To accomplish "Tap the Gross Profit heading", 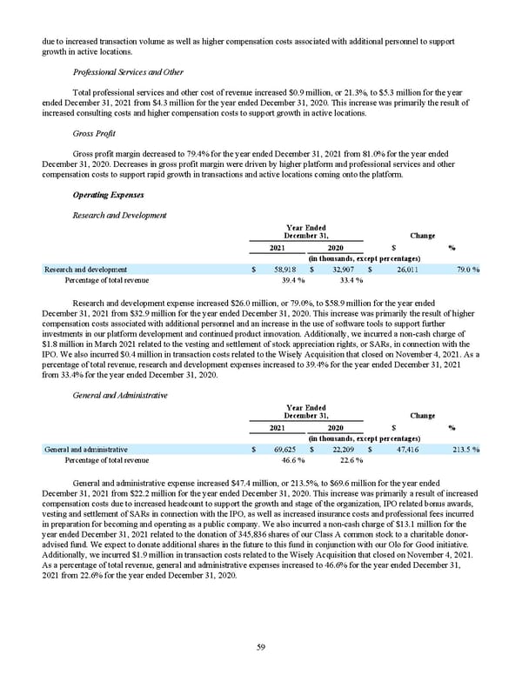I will coord(95,135).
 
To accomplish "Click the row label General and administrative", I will coord(86,450).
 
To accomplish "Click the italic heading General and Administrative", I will coord(119,395).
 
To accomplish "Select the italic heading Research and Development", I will coord(120,215).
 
